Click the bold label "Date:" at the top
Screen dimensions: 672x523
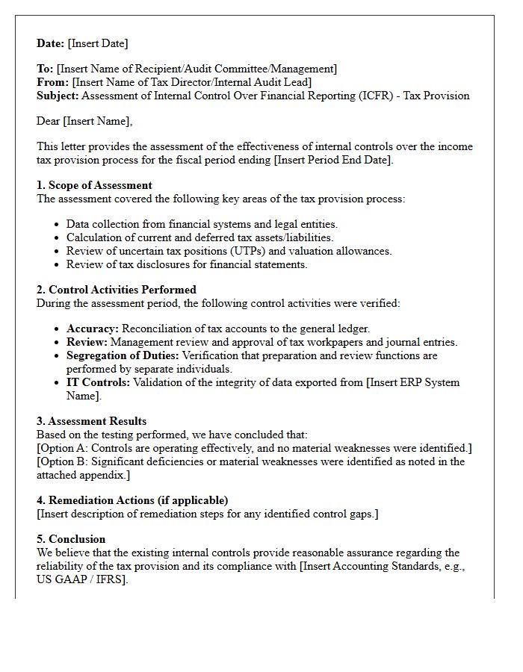coord(51,43)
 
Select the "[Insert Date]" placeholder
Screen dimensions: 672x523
coord(98,43)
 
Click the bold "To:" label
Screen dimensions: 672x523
coord(45,69)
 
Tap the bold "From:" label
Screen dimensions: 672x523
coord(52,82)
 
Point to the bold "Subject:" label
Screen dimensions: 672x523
coord(58,96)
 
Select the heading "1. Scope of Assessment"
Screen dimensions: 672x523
coord(94,185)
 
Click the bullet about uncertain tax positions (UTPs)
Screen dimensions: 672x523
coord(229,251)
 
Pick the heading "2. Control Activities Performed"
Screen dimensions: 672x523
coord(117,290)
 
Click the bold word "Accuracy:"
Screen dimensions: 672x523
coord(93,329)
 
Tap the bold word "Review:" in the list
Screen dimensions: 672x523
coord(87,342)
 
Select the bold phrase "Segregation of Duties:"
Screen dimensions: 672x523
coord(123,355)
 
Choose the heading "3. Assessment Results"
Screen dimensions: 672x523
coord(91,421)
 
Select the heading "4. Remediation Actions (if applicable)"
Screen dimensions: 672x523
coord(132,500)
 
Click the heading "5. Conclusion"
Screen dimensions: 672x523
coord(71,539)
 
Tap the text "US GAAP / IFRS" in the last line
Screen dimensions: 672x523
coord(81,579)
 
